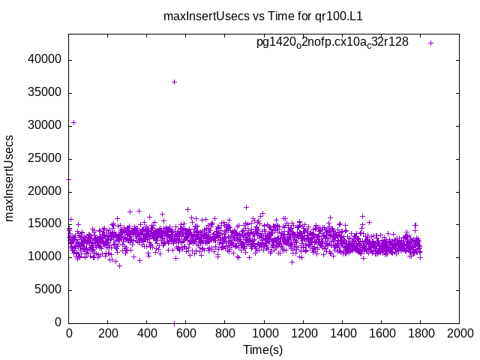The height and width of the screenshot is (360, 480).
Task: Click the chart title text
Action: click(268, 16)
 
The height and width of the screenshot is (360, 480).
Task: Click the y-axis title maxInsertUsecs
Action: click(10, 178)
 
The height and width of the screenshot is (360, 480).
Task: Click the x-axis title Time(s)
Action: click(263, 349)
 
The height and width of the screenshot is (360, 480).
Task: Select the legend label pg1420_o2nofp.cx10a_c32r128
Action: click(332, 43)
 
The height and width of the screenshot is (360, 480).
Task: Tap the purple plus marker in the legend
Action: click(430, 43)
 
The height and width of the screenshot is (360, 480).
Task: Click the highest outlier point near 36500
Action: click(174, 82)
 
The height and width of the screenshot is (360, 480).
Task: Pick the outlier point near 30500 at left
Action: click(73, 122)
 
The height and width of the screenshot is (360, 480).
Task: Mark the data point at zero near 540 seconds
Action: click(174, 323)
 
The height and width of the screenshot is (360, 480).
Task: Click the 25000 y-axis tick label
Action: click(48, 159)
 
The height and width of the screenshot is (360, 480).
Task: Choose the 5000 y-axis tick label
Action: click(51, 289)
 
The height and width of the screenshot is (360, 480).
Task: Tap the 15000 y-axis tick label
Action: click(48, 224)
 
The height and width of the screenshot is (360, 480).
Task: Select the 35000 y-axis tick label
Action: click(48, 93)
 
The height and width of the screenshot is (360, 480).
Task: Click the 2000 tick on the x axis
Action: click(459, 333)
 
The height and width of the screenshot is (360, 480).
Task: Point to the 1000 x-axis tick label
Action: click(264, 333)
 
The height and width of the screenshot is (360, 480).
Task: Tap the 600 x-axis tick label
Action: click(186, 333)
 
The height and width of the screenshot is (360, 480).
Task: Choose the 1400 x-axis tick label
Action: click(342, 333)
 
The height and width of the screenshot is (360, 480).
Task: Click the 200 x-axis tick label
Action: click(108, 333)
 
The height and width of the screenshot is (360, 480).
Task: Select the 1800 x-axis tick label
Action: click(420, 333)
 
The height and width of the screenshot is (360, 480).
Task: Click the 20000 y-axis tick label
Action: click(48, 192)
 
